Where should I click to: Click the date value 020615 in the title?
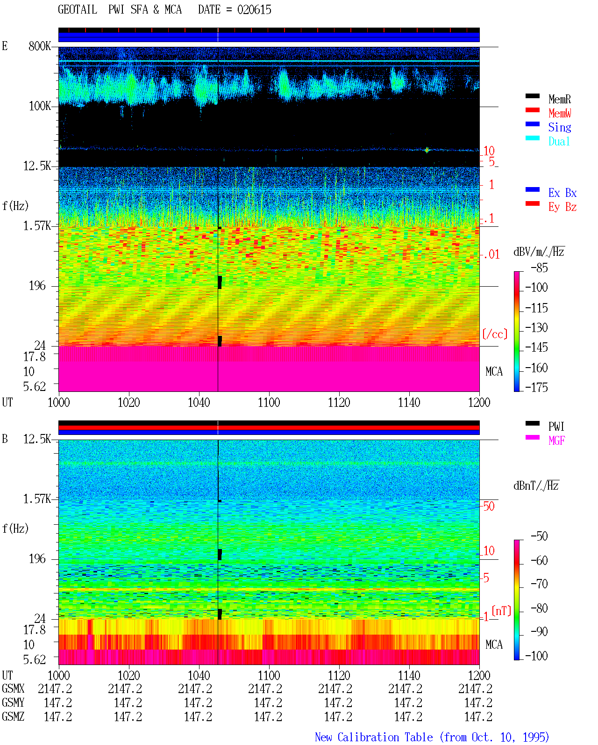(254, 10)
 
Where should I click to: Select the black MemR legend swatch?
(532, 96)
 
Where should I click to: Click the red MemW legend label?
(560, 113)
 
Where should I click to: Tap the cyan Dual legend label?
(559, 141)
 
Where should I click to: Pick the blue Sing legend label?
(560, 127)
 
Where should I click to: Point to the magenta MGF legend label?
(556, 441)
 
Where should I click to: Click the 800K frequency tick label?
(40, 46)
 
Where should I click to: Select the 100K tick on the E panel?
(40, 106)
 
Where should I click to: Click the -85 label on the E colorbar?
(539, 268)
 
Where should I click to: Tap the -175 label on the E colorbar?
(536, 387)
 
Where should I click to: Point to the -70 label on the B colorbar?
(539, 584)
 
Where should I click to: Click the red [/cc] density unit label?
(495, 334)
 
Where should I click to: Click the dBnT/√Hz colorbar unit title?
(536, 485)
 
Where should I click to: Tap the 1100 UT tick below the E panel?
(269, 402)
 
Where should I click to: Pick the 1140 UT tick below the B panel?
(409, 675)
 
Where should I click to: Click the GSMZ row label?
(13, 716)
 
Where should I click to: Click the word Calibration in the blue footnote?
(385, 737)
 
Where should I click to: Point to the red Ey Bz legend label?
(562, 207)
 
